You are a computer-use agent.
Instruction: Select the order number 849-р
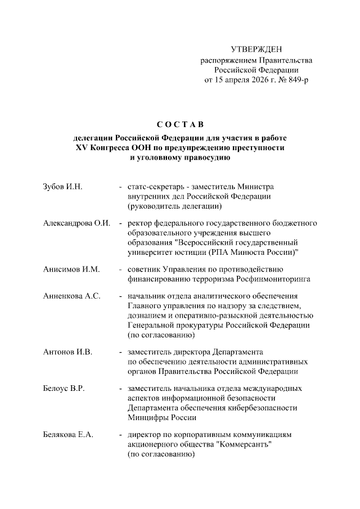298,80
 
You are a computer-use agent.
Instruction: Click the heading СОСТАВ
180,124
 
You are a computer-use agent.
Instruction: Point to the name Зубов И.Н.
63,187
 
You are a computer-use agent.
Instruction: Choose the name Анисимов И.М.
71,269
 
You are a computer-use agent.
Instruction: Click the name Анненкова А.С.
72,296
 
